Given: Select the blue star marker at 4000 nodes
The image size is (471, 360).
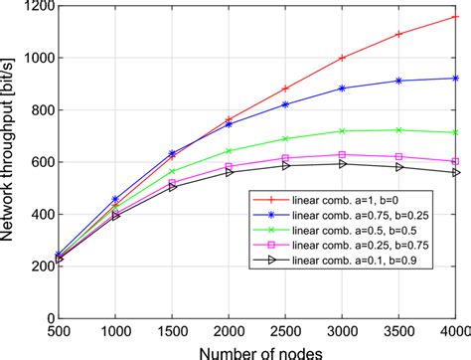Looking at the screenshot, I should pyautogui.click(x=455, y=78).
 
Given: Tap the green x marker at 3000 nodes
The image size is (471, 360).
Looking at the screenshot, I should pyautogui.click(x=343, y=130).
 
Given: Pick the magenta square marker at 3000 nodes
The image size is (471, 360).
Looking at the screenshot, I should pyautogui.click(x=343, y=154).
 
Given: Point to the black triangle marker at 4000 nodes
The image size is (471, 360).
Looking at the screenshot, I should pyautogui.click(x=455, y=172).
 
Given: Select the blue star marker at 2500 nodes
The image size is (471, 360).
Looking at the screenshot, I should pyautogui.click(x=286, y=103).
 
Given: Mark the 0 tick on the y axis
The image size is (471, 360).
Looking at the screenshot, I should pyautogui.click(x=46, y=318).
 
